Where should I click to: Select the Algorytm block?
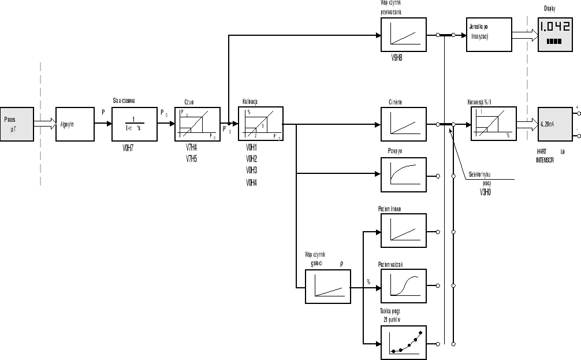(x=74, y=124)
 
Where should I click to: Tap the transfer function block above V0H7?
(x=134, y=124)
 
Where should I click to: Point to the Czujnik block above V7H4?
(x=198, y=124)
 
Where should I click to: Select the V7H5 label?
(x=191, y=158)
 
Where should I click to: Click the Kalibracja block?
(x=260, y=124)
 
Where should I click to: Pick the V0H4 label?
(x=251, y=183)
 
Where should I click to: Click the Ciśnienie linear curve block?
(x=403, y=124)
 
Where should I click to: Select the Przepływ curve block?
(x=403, y=175)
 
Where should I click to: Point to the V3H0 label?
(x=485, y=193)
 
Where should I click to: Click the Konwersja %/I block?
(x=493, y=124)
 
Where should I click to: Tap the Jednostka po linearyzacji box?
(x=489, y=35)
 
